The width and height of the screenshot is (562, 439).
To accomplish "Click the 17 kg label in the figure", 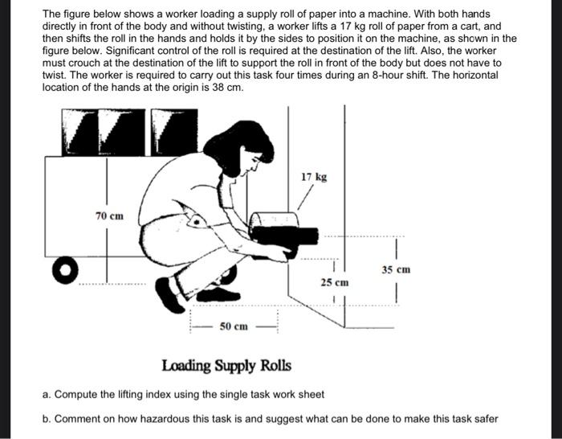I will (314, 177).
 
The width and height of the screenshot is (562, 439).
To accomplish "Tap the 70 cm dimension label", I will (110, 216).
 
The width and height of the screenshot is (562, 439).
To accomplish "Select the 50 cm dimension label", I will (234, 326).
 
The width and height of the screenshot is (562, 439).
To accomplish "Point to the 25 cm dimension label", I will (335, 282).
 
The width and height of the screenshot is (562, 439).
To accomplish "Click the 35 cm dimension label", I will (397, 271).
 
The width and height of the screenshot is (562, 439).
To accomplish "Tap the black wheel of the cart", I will (66, 269).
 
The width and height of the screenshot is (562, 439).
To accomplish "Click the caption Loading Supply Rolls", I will (226, 367).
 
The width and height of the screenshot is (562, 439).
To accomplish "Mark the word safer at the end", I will (483, 419).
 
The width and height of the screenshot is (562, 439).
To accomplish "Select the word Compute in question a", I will (77, 395).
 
